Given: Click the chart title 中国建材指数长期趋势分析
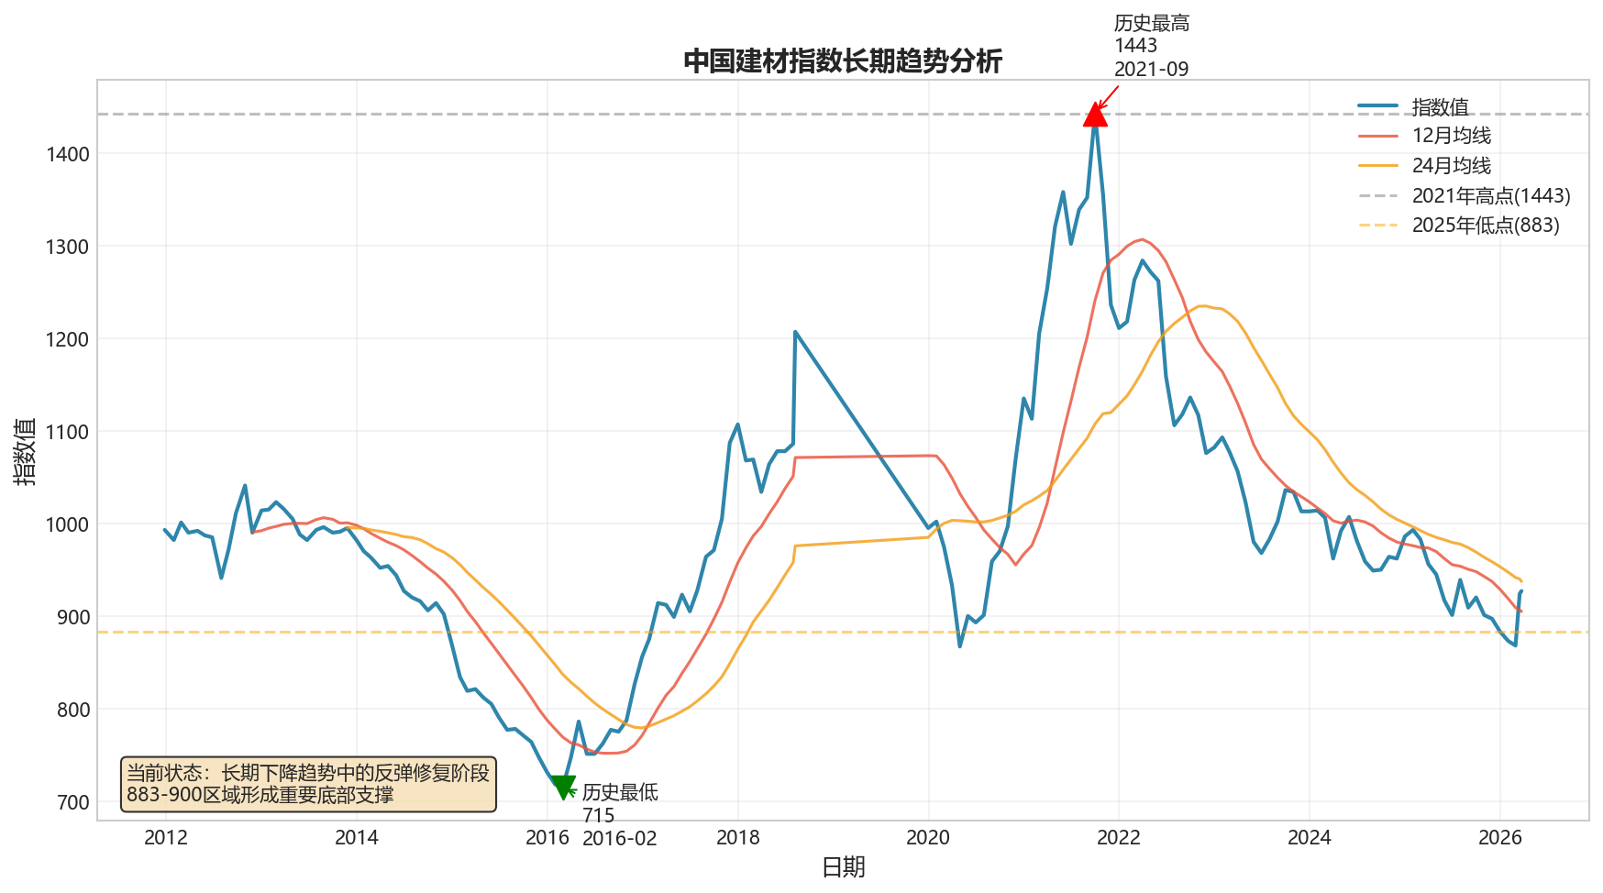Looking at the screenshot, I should pyautogui.click(x=843, y=61).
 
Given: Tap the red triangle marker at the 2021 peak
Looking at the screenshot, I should pyautogui.click(x=1095, y=115).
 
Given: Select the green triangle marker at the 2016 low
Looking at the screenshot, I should pyautogui.click(x=563, y=787).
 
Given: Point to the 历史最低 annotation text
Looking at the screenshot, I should pyautogui.click(x=619, y=792).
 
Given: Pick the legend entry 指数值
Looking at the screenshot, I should pyautogui.click(x=1440, y=107).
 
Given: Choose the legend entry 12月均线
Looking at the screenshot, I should pyautogui.click(x=1451, y=136).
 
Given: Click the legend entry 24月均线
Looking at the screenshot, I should pyautogui.click(x=1451, y=166).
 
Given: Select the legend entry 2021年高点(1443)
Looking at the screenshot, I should pyautogui.click(x=1490, y=196).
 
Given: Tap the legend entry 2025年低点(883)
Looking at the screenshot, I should pyautogui.click(x=1485, y=226).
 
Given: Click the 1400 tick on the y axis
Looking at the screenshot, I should pyautogui.click(x=68, y=154).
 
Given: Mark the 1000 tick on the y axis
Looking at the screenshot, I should pyautogui.click(x=68, y=524).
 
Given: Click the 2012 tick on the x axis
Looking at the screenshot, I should pyautogui.click(x=166, y=837).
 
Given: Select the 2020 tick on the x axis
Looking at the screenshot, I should pyautogui.click(x=928, y=837).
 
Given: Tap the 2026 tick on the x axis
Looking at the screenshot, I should pyautogui.click(x=1500, y=837).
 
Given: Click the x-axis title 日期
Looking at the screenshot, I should pyautogui.click(x=843, y=867).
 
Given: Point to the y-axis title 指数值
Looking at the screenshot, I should pyautogui.click(x=25, y=451).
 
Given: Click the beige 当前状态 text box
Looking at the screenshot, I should pyautogui.click(x=308, y=784).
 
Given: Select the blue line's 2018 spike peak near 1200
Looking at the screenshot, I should pyautogui.click(x=795, y=332).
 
